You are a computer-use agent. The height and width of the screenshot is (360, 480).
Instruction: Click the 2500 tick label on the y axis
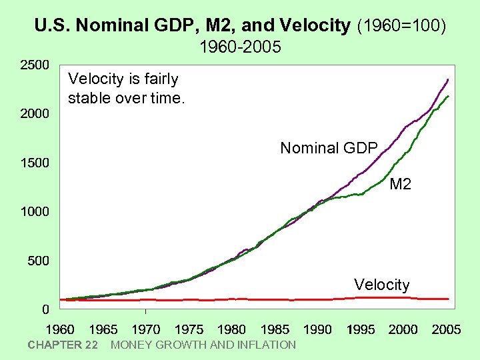tap(34, 65)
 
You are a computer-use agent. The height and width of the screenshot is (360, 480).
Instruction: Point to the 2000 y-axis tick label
tap(34, 114)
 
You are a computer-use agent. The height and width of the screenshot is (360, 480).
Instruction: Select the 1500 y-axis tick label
tap(34, 163)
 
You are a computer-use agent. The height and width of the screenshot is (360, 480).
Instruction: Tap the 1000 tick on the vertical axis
tap(34, 212)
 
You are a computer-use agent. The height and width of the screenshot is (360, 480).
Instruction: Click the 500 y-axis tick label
tap(38, 261)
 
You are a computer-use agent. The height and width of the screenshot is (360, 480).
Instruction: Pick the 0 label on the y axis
tap(45, 309)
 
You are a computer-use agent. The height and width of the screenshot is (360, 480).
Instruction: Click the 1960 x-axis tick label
tap(60, 329)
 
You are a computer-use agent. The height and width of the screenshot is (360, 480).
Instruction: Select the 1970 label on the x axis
tap(145, 329)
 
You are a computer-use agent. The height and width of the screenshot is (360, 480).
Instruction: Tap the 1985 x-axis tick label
tap(275, 329)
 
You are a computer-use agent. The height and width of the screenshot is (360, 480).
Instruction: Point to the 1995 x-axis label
tap(361, 329)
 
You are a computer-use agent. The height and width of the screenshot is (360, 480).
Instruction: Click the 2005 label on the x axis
tap(446, 329)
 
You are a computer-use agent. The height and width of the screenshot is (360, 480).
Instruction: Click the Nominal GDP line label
tap(329, 148)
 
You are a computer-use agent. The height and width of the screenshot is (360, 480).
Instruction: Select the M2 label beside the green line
tap(400, 184)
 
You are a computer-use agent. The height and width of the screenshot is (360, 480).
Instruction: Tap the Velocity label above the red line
tap(381, 285)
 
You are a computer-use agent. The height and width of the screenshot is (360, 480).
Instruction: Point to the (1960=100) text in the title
tap(402, 26)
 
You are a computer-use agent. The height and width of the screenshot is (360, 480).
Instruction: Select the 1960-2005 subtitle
tap(240, 47)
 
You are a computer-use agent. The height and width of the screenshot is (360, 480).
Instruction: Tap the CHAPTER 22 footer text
tap(63, 345)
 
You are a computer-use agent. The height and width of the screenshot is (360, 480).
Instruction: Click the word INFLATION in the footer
tap(265, 345)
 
